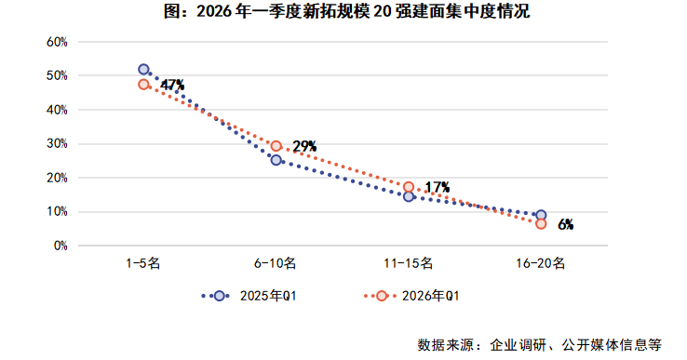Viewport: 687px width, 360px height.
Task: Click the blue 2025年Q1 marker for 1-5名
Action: coord(143,69)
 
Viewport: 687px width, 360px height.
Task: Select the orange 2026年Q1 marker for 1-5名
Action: coord(143,85)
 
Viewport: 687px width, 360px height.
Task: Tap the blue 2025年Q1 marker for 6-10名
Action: coord(276,160)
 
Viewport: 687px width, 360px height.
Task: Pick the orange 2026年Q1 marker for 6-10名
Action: coord(276,146)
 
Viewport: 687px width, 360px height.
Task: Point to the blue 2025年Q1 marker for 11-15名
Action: coord(409,196)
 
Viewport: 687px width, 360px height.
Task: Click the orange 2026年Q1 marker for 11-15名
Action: coord(409,187)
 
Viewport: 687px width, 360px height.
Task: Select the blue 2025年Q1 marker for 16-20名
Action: coord(541,215)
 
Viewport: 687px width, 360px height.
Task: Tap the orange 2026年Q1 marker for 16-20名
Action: coord(541,224)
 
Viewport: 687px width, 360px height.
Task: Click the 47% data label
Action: coord(172,86)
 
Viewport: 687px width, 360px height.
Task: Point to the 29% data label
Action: coord(304,146)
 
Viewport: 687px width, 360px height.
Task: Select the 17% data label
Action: coord(437,187)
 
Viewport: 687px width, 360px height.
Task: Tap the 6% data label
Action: coord(565,224)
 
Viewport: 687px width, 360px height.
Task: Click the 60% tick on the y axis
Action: coord(57,42)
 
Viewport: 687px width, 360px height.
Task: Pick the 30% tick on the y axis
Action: coord(57,144)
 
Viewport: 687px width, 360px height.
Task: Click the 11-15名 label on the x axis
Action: coord(409,264)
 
